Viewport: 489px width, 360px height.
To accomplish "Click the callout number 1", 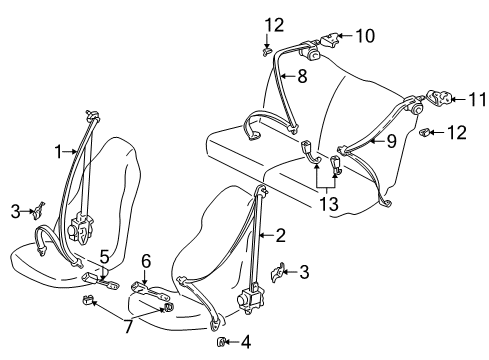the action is coord(59,152).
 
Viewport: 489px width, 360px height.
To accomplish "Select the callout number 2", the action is coord(281,235).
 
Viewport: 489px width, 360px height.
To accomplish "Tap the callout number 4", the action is coord(246,342).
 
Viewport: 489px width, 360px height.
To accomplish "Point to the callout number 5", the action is coord(104,257).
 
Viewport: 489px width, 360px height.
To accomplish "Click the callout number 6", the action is coord(146,261).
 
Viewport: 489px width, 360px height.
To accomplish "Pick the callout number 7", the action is coord(129,326).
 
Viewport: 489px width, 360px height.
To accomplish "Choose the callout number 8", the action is coord(302,76).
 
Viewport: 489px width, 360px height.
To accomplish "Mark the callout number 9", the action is coord(391,141).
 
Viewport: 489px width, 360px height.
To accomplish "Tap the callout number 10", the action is coord(365,36).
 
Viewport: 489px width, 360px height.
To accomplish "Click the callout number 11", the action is coord(478,99).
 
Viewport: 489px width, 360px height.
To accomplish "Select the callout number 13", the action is coord(329,204).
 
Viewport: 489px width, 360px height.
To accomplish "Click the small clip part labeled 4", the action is coord(221,342).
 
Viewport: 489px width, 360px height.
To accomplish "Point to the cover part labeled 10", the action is coord(330,39).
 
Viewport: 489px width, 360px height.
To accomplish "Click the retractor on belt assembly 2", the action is coord(250,298).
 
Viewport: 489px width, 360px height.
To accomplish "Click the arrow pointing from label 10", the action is coord(345,36).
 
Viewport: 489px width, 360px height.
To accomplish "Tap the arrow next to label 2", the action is coord(266,235).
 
